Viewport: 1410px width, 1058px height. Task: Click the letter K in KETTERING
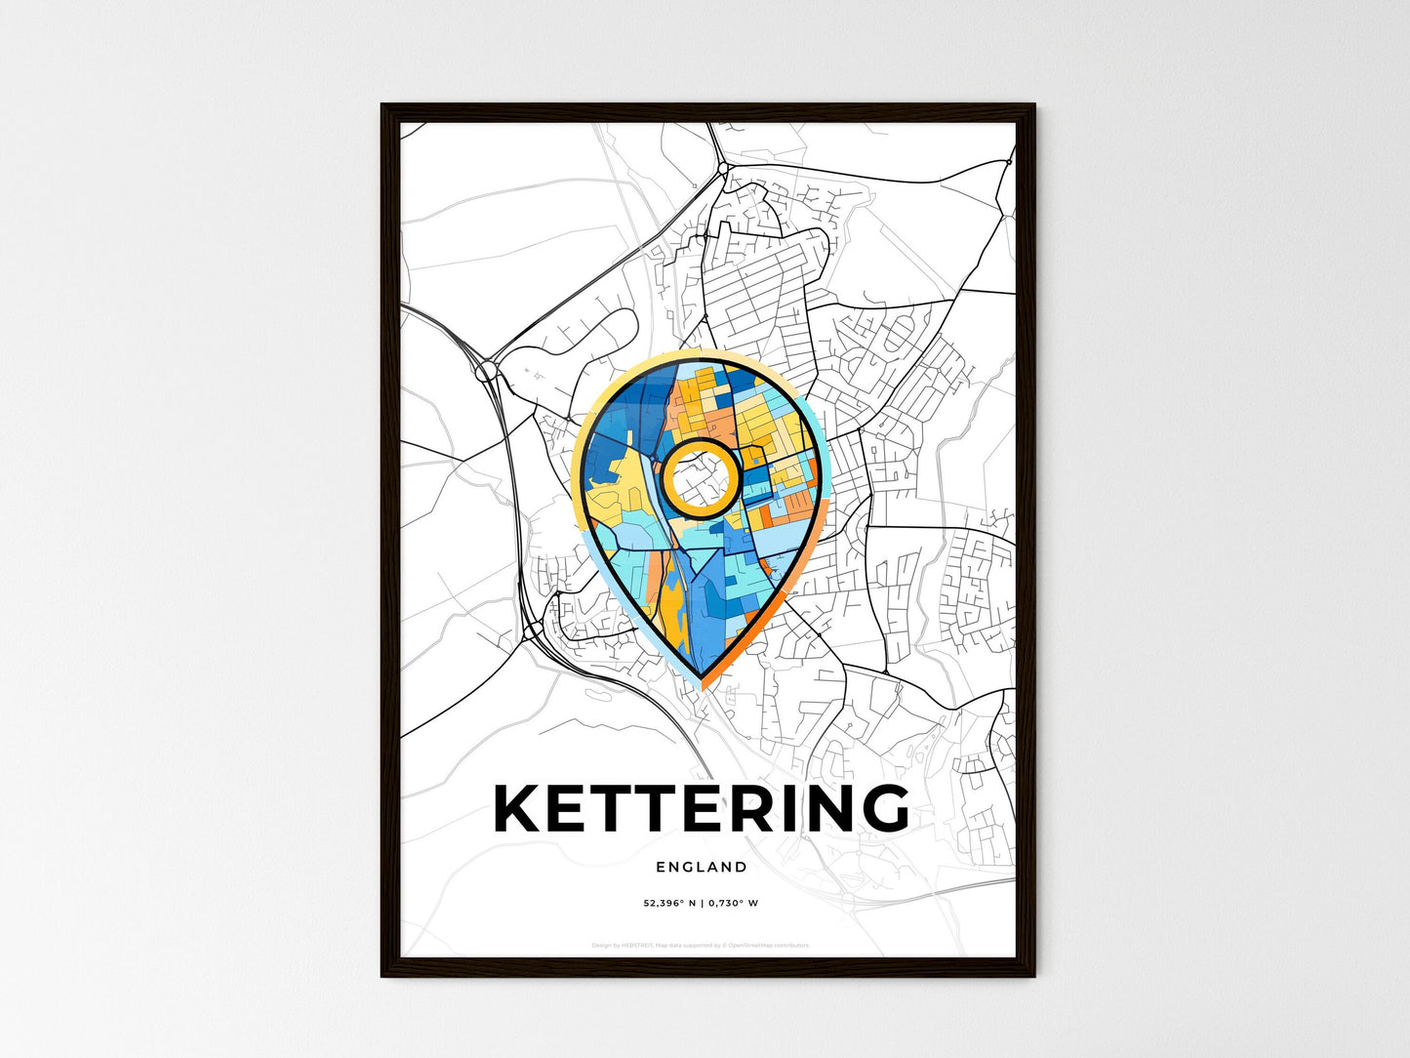tap(519, 808)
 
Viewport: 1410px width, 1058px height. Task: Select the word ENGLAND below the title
tap(702, 867)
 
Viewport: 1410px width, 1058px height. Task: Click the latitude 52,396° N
tap(669, 903)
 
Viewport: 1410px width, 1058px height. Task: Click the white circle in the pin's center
tap(700, 477)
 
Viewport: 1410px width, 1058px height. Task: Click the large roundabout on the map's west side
tap(486, 371)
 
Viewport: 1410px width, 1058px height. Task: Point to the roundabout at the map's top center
tap(723, 168)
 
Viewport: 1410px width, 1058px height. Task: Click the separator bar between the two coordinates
tap(702, 903)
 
